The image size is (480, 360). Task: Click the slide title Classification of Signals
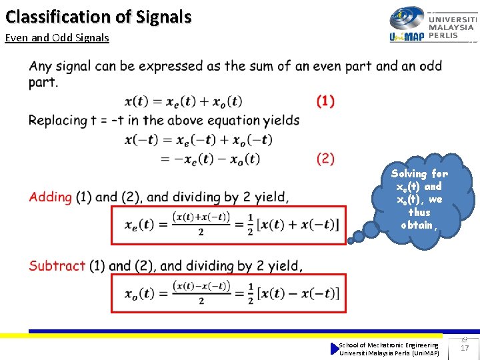coord(99,16)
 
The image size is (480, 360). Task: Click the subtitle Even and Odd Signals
coord(57,37)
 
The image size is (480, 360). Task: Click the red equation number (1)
coord(325,101)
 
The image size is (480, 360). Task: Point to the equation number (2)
coord(325,159)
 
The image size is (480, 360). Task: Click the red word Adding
coord(51,197)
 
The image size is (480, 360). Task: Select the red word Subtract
coord(57,265)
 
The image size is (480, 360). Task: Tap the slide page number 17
coord(465,348)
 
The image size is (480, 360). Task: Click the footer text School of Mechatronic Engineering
coord(389,345)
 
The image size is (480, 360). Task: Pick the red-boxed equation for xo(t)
coord(228,293)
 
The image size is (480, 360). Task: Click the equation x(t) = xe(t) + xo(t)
coord(183,101)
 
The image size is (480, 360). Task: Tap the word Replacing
coord(57,120)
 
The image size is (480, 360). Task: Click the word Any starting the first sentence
coord(41,66)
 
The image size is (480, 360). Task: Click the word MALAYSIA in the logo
coord(452,27)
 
